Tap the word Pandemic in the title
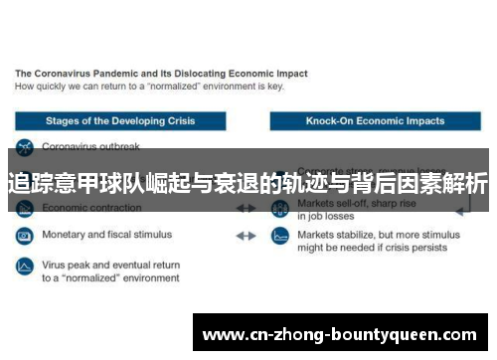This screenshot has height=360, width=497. (127, 74)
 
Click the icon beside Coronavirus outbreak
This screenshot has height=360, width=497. (24, 147)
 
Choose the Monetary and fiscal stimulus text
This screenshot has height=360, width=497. (106, 236)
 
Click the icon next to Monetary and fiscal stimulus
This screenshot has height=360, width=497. (24, 236)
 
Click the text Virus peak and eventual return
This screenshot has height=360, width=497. (110, 266)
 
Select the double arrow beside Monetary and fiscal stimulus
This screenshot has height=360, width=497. (246, 236)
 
